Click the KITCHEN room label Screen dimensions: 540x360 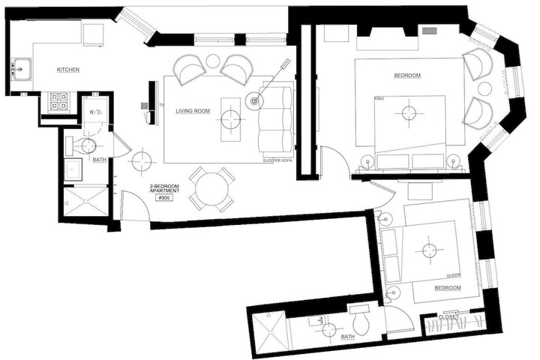(x=67, y=70)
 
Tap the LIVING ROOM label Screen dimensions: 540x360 (x=193, y=111)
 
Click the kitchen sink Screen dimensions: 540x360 (x=22, y=69)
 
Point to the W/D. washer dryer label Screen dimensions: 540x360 (x=96, y=112)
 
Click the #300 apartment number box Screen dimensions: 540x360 (x=164, y=198)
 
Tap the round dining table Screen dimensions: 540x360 (x=211, y=190)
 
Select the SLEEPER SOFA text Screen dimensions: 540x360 (x=277, y=161)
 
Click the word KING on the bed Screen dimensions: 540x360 (x=379, y=99)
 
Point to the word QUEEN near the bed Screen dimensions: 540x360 (x=453, y=275)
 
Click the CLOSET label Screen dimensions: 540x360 (x=448, y=316)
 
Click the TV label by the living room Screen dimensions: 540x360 (x=161, y=104)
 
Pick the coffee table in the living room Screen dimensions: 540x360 (x=231, y=119)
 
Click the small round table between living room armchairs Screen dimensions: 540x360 (x=213, y=61)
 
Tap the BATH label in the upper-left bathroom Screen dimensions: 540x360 (x=100, y=160)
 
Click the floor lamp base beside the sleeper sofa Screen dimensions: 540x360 (x=254, y=101)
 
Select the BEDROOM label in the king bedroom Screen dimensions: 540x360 (x=407, y=76)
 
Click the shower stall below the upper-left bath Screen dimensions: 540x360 (x=85, y=202)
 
